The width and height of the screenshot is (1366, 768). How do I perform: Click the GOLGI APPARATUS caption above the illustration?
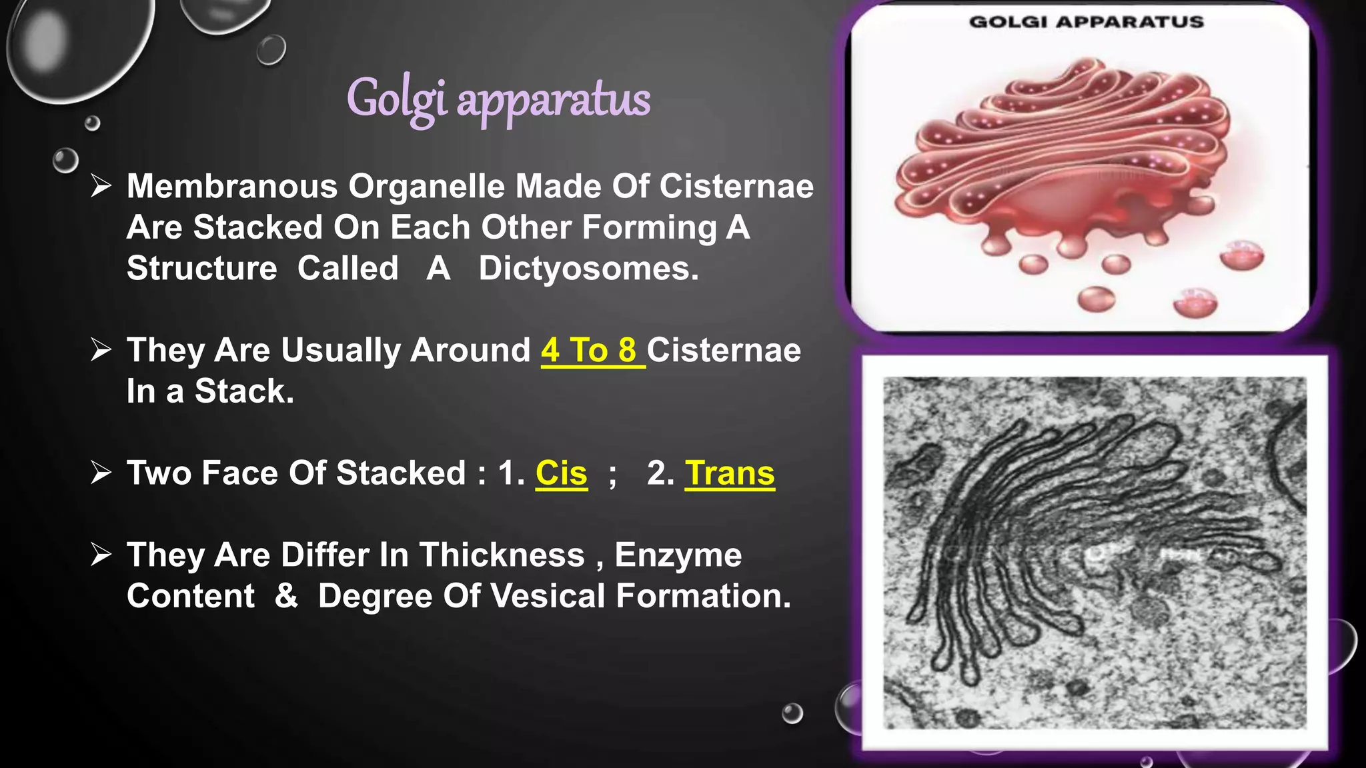pyautogui.click(x=1086, y=22)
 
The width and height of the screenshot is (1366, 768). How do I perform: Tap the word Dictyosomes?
pyautogui.click(x=588, y=269)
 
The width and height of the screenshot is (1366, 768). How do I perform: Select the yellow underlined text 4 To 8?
pyautogui.click(x=590, y=351)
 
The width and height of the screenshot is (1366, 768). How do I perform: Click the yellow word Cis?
pyautogui.click(x=561, y=473)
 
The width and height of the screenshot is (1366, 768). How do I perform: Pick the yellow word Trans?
pyautogui.click(x=730, y=473)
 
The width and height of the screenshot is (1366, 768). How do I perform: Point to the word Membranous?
pyautogui.click(x=231, y=187)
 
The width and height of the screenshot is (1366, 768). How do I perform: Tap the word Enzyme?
pyautogui.click(x=678, y=555)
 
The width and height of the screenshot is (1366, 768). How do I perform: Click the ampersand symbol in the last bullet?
pyautogui.click(x=286, y=595)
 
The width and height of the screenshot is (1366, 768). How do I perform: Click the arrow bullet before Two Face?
pyautogui.click(x=101, y=473)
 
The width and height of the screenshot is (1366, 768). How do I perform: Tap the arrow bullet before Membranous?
pyautogui.click(x=101, y=186)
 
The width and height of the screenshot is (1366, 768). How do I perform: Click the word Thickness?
pyautogui.click(x=502, y=555)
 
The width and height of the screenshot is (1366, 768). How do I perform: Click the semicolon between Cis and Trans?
pyautogui.click(x=612, y=476)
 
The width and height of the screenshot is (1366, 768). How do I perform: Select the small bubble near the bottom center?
pyautogui.click(x=792, y=713)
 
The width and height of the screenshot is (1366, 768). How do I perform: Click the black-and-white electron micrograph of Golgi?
pyautogui.click(x=1094, y=552)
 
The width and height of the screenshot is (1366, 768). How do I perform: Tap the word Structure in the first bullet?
pyautogui.click(x=201, y=269)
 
